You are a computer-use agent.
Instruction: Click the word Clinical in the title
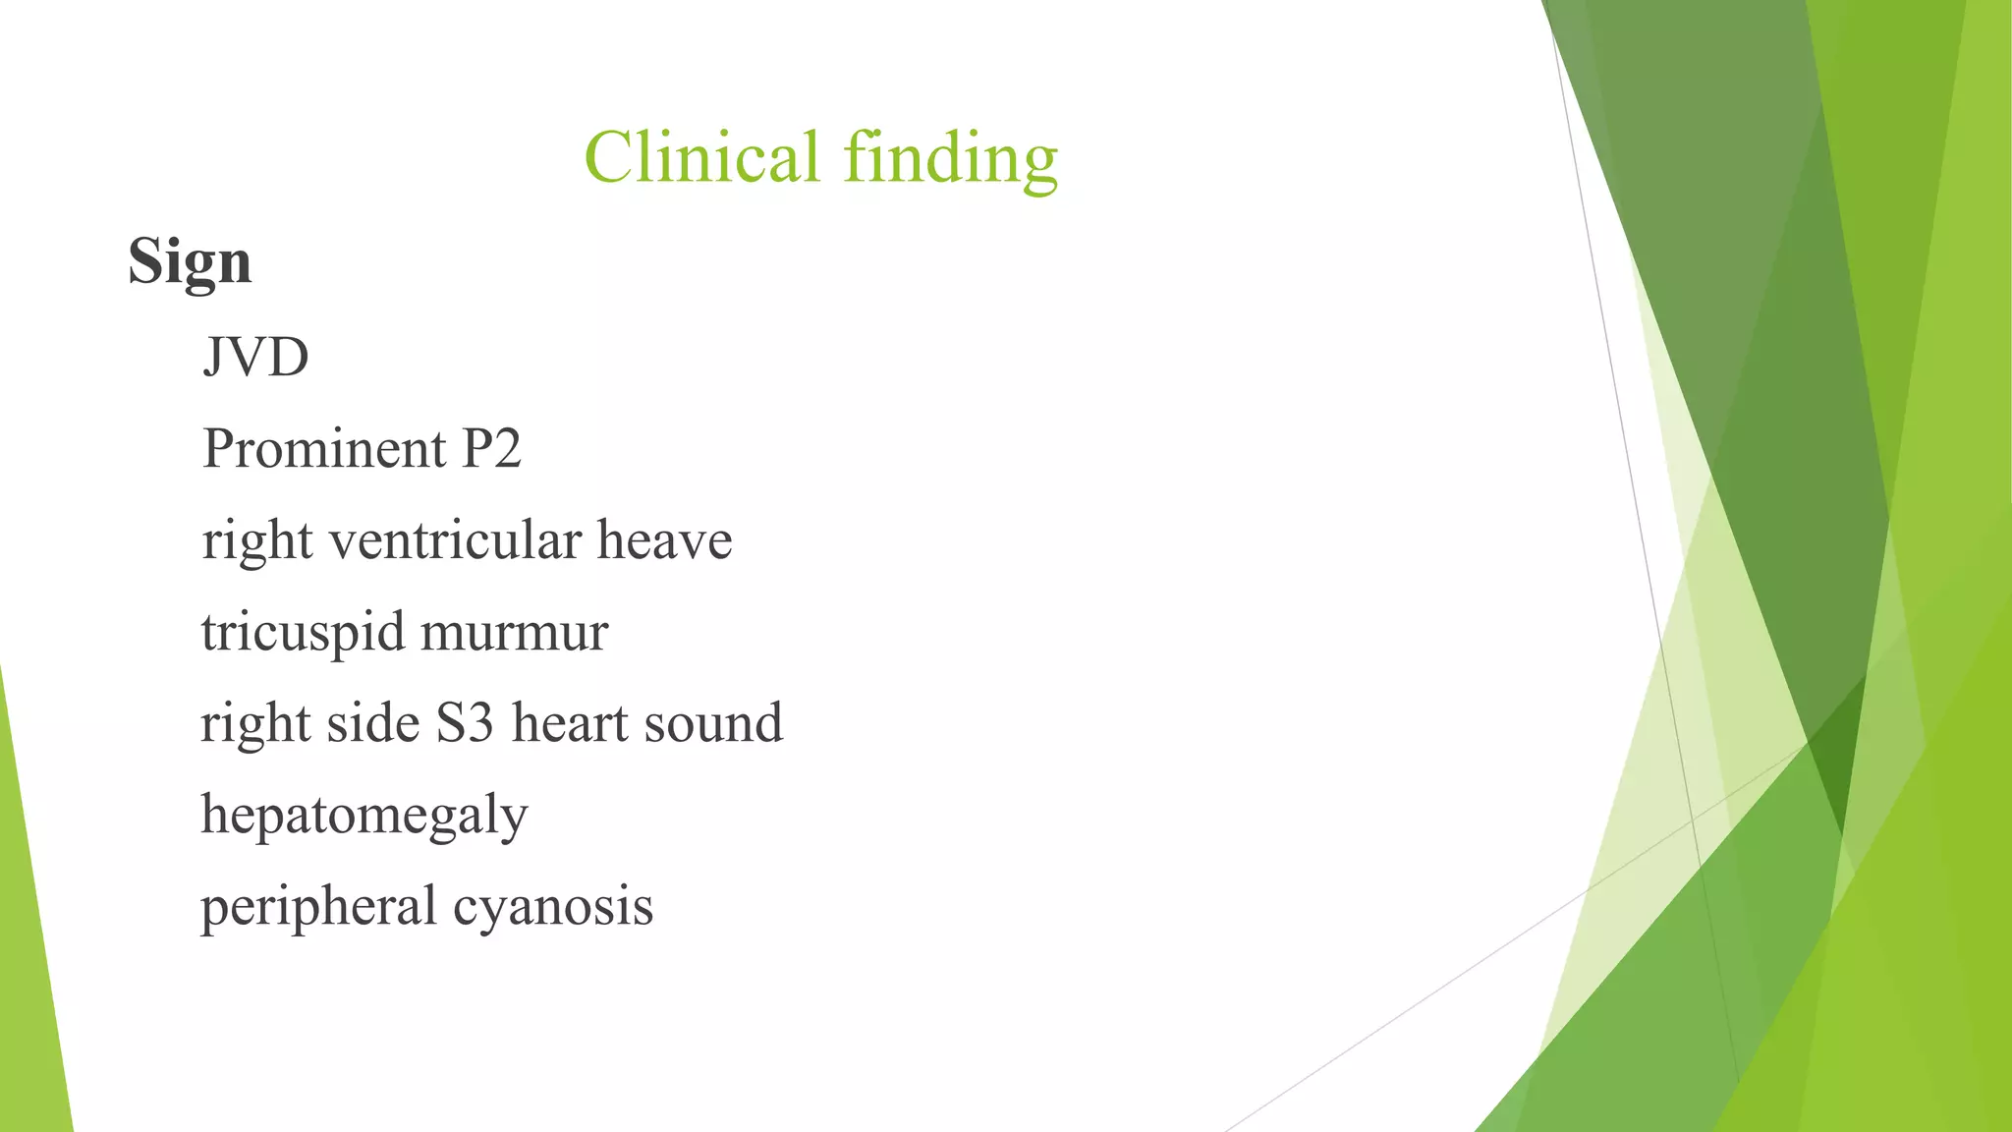[701, 157]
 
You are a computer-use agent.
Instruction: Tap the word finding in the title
[950, 160]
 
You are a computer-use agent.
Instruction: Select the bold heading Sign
[190, 262]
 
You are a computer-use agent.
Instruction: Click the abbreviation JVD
[255, 357]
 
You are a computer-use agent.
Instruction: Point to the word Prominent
[324, 449]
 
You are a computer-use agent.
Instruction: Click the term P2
[491, 449]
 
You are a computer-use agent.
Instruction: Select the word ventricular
[454, 540]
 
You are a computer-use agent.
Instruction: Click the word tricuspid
[303, 633]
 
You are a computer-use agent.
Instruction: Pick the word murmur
[514, 633]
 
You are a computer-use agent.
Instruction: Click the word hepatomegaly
[364, 816]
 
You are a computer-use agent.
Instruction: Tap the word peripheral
[318, 907]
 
